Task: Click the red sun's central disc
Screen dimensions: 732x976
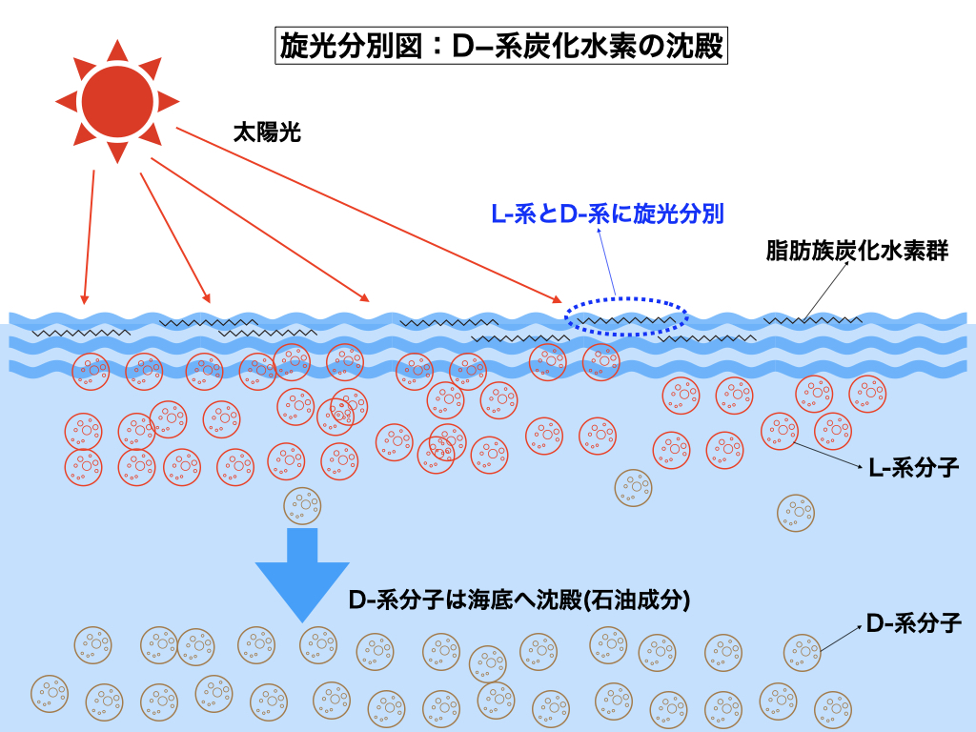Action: (117, 99)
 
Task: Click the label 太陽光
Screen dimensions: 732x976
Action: (267, 132)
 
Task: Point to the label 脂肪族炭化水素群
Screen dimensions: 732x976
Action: (857, 253)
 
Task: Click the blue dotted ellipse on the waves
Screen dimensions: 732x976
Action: (624, 316)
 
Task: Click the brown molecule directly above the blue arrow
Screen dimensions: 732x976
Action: (303, 505)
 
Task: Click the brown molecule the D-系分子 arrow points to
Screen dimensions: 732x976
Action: (802, 653)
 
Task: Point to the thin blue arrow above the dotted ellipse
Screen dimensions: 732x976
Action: (608, 262)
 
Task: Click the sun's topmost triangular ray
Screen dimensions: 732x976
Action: (117, 50)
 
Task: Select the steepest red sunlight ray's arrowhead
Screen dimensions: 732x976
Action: (85, 296)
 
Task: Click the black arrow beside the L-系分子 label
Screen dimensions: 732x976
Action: (828, 456)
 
